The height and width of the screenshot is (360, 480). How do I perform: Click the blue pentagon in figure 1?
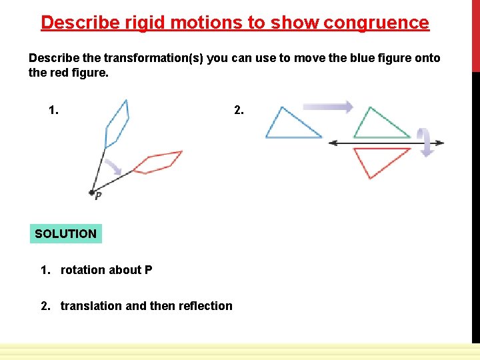(x=117, y=123)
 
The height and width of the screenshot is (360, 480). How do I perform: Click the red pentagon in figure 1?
(x=158, y=162)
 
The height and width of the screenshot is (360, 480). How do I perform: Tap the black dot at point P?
(x=91, y=192)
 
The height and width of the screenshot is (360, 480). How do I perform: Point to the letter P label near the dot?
(x=99, y=197)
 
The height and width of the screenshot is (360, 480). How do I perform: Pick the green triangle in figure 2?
(x=379, y=125)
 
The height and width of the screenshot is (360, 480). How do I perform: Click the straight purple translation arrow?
(x=327, y=106)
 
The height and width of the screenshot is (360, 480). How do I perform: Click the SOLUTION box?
(x=65, y=234)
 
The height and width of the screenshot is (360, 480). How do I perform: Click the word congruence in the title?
(x=376, y=23)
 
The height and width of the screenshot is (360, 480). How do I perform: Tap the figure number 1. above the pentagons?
(x=53, y=110)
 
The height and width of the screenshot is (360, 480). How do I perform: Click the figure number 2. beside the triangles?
(x=239, y=110)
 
